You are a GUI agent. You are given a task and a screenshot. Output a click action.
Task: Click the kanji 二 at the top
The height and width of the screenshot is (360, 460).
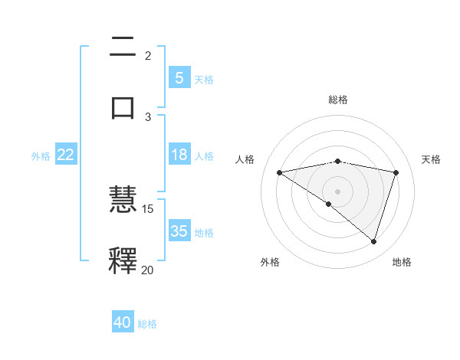123,47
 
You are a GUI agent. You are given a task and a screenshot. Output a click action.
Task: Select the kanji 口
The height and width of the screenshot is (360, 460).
123,106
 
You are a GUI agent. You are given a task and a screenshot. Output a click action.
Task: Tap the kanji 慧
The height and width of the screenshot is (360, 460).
123,201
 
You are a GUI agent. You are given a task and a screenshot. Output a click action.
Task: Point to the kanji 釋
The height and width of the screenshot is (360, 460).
123,260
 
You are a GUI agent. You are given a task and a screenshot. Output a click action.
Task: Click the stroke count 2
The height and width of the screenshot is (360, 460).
148,55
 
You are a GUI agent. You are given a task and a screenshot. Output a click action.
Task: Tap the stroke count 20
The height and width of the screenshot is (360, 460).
148,270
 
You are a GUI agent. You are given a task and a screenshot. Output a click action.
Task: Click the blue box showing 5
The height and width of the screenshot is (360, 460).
179,77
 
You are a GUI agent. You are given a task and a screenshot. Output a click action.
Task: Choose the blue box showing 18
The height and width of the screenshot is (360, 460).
179,155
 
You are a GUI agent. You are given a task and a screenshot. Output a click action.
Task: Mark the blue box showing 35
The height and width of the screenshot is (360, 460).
179,231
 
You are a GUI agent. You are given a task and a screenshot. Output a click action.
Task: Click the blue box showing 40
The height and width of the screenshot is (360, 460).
123,322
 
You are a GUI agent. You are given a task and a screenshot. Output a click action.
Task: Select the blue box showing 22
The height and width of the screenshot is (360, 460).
66,155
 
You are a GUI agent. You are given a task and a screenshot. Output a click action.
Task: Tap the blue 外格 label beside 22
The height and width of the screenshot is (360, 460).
41,156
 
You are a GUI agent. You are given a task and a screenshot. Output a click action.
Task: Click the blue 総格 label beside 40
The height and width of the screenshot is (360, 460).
147,324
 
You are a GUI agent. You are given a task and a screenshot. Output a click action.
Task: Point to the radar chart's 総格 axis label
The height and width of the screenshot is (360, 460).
338,100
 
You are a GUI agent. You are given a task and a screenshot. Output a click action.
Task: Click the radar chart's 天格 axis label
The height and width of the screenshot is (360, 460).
432,159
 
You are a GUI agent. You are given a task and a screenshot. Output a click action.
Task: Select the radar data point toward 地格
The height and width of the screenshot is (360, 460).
374,241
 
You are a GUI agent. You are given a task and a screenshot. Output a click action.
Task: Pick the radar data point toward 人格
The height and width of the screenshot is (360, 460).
280,172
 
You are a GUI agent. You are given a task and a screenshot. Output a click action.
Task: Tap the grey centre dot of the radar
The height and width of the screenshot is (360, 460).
338,191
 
